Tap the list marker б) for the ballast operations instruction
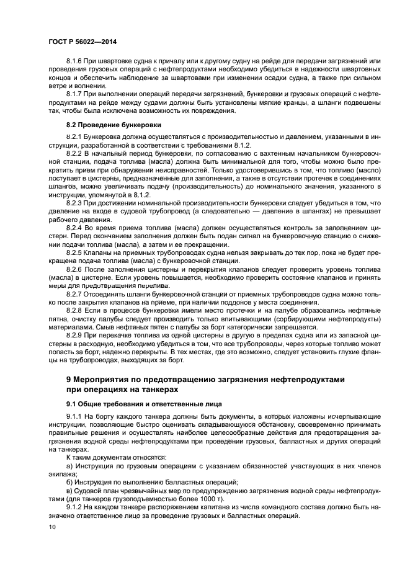click(69, 482)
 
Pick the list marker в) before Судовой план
click(69, 490)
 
